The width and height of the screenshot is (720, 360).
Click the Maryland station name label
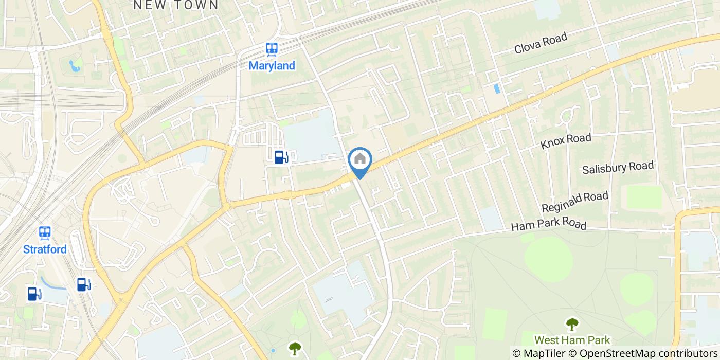point(272,66)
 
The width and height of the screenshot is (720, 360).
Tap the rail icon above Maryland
point(272,49)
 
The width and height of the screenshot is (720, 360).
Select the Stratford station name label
point(45,249)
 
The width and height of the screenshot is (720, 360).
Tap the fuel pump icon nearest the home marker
point(280,157)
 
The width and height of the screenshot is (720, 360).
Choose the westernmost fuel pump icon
point(34,294)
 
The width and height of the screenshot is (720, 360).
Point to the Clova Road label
point(541,43)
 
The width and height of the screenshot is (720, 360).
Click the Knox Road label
point(566,141)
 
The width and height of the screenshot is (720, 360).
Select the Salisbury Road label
point(618,168)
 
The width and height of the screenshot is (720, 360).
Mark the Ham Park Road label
point(548,225)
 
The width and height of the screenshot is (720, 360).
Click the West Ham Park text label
point(572,340)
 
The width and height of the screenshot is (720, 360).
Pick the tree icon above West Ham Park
point(571,324)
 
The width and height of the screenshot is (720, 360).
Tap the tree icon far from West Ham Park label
point(294,349)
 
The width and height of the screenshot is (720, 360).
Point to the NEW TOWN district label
point(175,5)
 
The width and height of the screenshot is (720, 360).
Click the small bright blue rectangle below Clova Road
point(496,88)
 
